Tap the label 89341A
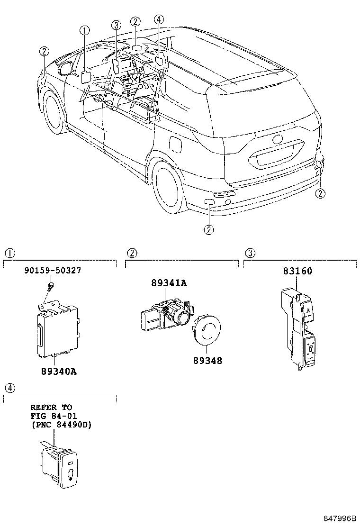tap(169, 283)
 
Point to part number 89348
tap(207, 360)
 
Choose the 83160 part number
tap(297, 271)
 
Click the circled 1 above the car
tap(84, 31)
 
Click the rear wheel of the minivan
tap(166, 183)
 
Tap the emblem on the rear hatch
tap(278, 141)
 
